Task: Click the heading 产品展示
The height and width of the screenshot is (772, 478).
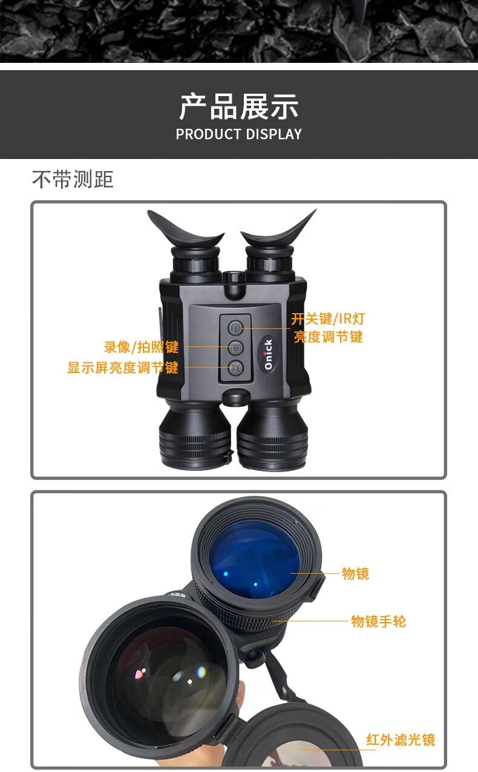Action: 238,106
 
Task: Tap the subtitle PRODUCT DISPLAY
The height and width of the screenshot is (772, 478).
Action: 238,134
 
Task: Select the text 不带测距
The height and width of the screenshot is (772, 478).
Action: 73,179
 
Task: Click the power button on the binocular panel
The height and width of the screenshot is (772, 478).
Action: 235,328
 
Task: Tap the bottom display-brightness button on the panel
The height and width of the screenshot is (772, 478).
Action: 235,368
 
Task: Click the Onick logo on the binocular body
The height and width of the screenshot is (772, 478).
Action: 268,354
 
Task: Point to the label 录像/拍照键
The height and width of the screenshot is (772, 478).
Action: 141,347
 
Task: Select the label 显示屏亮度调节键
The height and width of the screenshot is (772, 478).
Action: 123,368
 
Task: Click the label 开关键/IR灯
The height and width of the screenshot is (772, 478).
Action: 327,319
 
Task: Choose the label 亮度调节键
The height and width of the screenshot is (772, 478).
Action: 329,337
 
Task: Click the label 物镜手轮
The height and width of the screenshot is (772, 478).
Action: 378,621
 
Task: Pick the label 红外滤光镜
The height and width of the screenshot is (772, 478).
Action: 401,740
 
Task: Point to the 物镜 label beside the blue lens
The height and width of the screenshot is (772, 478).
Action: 356,574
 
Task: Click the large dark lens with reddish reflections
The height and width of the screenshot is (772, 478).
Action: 166,675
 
